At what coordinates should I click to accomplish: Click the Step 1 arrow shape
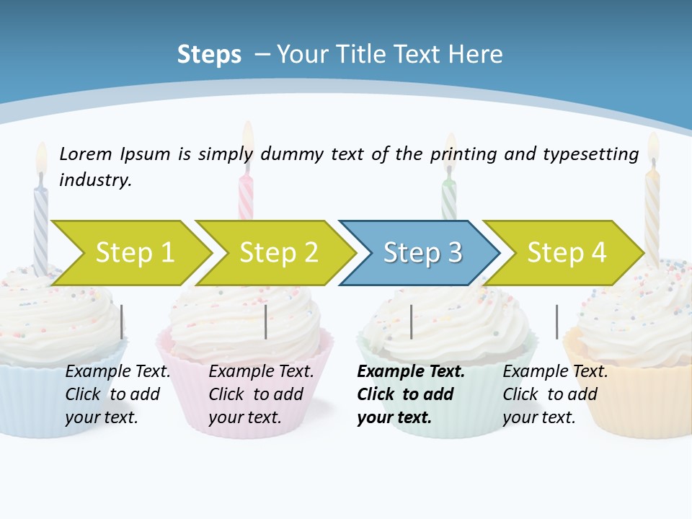click(x=133, y=253)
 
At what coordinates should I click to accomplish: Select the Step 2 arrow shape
click(x=278, y=253)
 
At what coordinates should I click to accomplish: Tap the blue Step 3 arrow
click(x=421, y=253)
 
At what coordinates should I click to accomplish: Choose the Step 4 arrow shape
click(x=565, y=253)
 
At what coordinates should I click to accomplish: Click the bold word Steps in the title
click(x=209, y=54)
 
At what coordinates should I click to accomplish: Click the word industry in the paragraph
click(x=95, y=179)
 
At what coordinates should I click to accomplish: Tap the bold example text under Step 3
click(x=410, y=394)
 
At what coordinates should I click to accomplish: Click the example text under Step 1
click(x=117, y=394)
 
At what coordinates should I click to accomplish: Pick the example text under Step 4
click(x=554, y=394)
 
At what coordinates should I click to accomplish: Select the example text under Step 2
click(x=261, y=394)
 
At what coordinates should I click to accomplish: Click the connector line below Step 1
click(x=121, y=321)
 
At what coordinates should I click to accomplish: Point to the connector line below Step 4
click(x=556, y=321)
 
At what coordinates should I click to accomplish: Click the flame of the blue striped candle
click(x=41, y=157)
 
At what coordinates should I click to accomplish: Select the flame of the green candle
click(x=451, y=148)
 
